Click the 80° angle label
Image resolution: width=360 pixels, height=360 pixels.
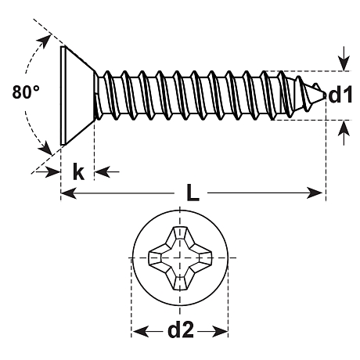[26, 92]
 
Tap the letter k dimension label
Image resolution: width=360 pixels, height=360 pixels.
[78, 171]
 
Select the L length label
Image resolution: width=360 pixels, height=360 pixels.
[193, 193]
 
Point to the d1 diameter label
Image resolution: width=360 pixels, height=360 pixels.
[340, 94]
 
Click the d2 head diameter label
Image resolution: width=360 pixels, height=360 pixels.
[181, 329]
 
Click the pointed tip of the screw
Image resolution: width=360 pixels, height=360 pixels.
[326, 95]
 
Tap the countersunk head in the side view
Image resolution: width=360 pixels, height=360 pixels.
[77, 95]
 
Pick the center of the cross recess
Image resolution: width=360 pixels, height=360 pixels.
[180, 258]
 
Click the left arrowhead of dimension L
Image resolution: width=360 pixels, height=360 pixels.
[68, 193]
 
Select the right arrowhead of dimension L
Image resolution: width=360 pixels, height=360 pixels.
[315, 193]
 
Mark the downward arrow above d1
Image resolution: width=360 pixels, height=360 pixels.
[344, 59]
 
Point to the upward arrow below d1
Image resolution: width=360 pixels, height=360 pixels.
[344, 132]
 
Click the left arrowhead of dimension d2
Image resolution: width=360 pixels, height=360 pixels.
[139, 332]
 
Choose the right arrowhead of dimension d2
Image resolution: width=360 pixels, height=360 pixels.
[220, 332]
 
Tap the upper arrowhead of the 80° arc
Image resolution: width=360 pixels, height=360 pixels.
[45, 41]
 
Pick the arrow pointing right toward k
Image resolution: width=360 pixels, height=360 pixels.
[49, 171]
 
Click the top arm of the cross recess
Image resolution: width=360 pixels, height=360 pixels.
[180, 236]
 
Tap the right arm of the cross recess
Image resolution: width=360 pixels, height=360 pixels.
[203, 258]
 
